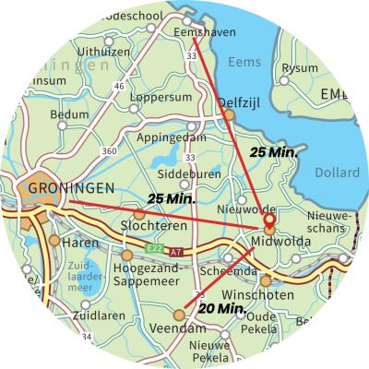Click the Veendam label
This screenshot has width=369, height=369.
(x=178, y=328)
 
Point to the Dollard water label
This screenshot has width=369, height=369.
(x=336, y=173)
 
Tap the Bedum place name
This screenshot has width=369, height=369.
(x=67, y=114)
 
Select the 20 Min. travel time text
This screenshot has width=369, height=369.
(x=221, y=307)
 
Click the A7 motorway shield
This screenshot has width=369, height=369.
(x=176, y=251)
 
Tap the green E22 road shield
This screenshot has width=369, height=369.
(x=155, y=250)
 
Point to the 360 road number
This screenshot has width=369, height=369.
(x=109, y=150)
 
